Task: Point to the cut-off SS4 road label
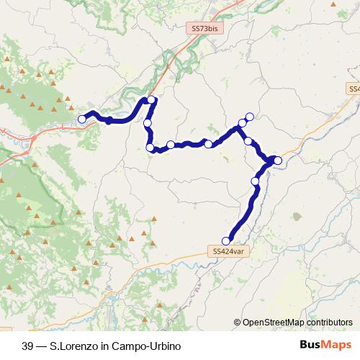coord(353,89)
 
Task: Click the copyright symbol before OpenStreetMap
coord(238,323)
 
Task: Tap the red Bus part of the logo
coord(312,345)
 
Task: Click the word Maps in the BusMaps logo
coord(338,345)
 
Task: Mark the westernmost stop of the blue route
coord(83,118)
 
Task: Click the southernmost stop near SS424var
coord(226,241)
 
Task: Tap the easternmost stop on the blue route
coord(278,160)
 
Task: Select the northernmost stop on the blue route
coord(151,100)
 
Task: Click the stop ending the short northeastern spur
coord(250,117)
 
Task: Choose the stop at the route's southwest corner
coord(150,148)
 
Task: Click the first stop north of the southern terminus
coord(255,181)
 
